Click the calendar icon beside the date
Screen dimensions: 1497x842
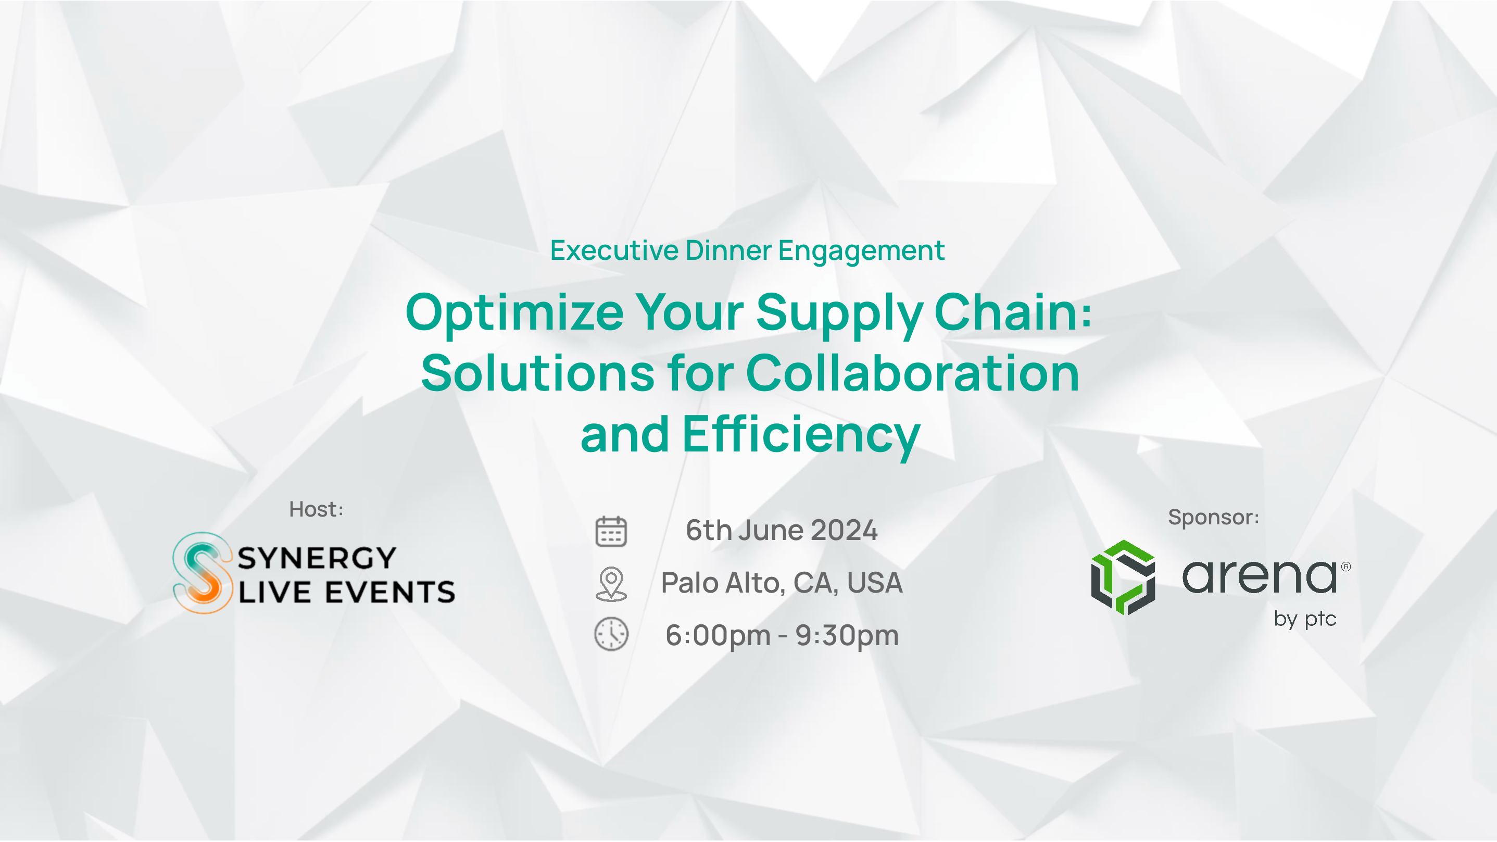pyautogui.click(x=611, y=531)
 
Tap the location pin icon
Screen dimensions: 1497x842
pyautogui.click(x=611, y=583)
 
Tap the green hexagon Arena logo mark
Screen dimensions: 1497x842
pyautogui.click(x=1123, y=577)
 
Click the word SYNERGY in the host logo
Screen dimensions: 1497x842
pyautogui.click(x=317, y=558)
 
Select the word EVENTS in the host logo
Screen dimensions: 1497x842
pyautogui.click(x=390, y=592)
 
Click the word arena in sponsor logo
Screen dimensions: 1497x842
pyautogui.click(x=1260, y=576)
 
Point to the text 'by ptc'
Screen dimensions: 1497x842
pyautogui.click(x=1305, y=620)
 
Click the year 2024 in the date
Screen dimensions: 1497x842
pyautogui.click(x=844, y=530)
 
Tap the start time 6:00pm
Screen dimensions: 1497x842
pyautogui.click(x=718, y=635)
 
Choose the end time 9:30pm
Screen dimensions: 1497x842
pyautogui.click(x=847, y=635)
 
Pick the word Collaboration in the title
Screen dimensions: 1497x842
pyautogui.click(x=912, y=373)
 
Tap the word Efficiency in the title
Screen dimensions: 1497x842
pyautogui.click(x=801, y=436)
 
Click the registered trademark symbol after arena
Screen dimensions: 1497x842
pyautogui.click(x=1346, y=567)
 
